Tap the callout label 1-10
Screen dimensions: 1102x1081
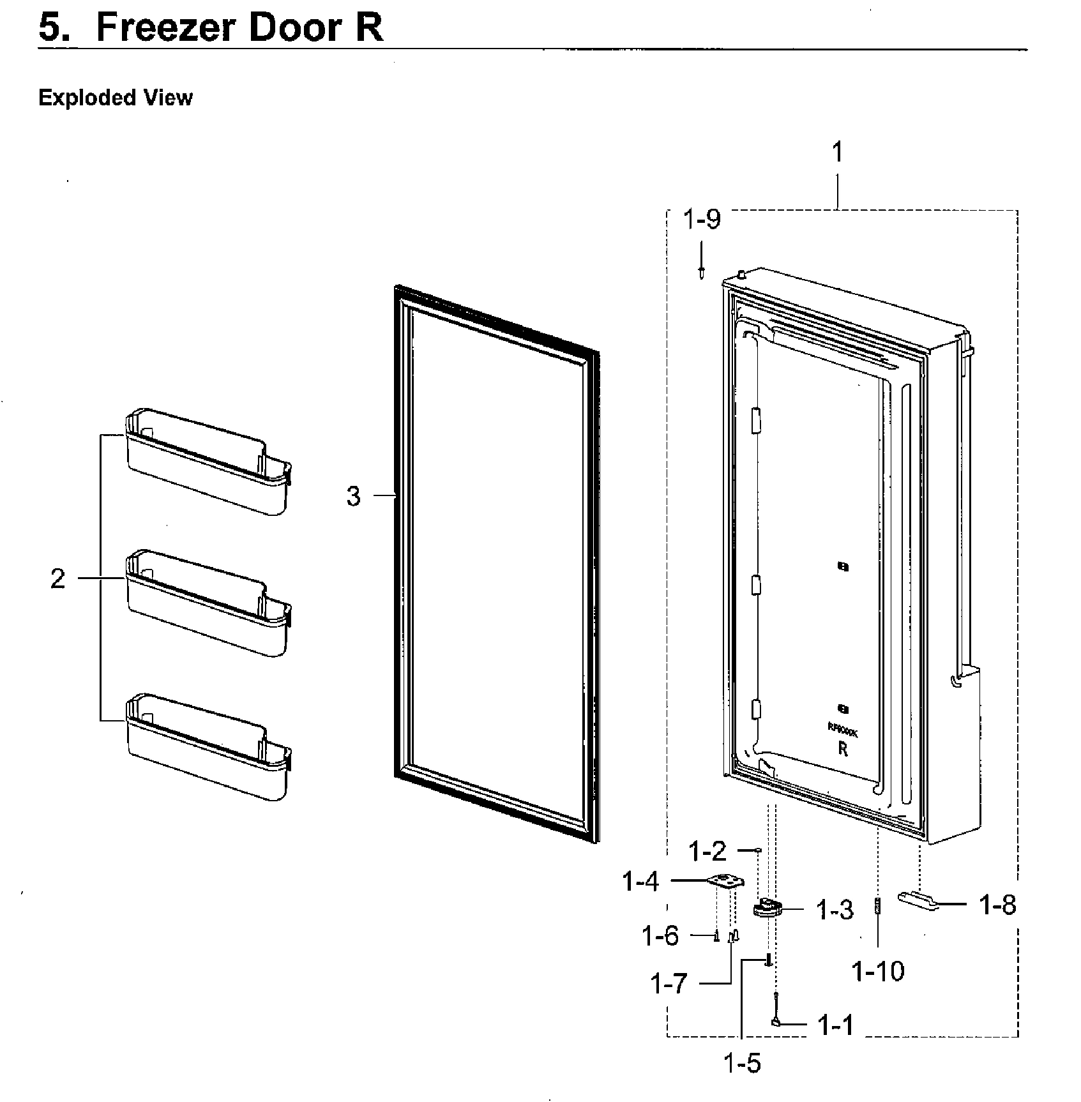point(878,972)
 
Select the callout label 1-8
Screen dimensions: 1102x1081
point(997,905)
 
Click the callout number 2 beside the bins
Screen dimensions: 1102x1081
point(57,579)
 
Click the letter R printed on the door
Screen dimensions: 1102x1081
point(843,750)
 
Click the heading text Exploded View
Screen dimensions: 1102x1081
point(115,98)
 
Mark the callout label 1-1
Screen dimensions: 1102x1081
point(835,1026)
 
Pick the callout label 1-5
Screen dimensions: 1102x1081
point(742,1064)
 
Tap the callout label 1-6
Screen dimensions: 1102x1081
point(660,937)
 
